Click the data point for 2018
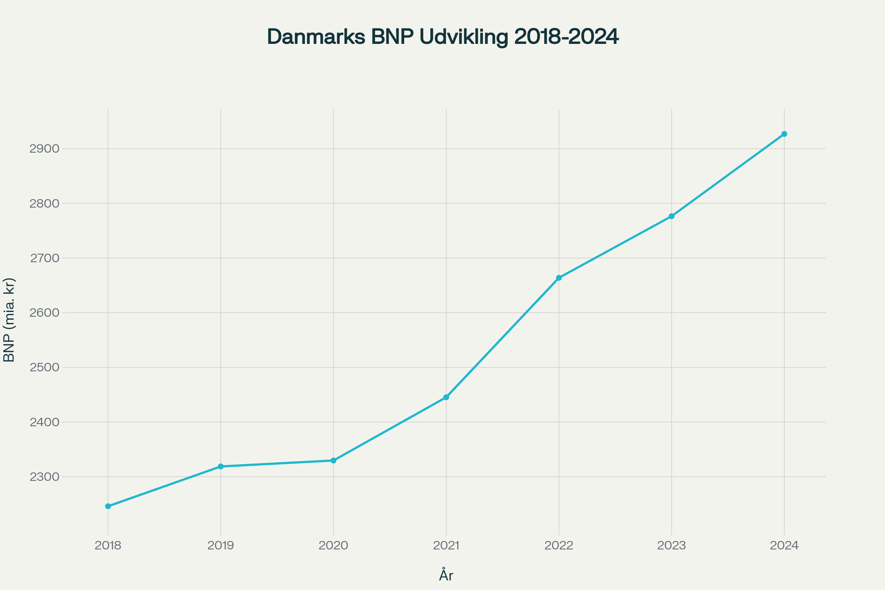coord(108,506)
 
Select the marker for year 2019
coord(221,466)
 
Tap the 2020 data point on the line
coord(333,461)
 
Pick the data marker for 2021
coord(446,398)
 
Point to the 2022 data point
coord(559,278)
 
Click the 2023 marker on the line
coord(671,216)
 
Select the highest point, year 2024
coord(784,134)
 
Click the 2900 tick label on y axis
coord(44,149)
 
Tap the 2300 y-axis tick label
coord(44,477)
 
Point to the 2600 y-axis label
coord(44,313)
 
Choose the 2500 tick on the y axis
coord(44,368)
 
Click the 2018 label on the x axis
coord(108,546)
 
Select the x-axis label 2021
coord(446,546)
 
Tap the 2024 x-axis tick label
coord(784,546)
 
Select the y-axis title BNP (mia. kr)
coord(9,320)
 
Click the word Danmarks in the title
coord(316,37)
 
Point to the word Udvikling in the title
coord(464,37)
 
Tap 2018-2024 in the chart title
coord(566,37)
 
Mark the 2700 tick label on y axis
coord(44,258)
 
